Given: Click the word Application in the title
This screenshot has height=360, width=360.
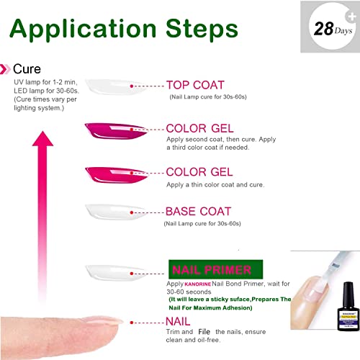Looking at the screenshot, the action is tap(83, 30).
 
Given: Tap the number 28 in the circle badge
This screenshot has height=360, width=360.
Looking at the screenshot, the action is tap(324, 29).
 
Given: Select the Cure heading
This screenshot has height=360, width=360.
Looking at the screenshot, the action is tap(27, 69).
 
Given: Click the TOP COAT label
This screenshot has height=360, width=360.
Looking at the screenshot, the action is tap(195, 85).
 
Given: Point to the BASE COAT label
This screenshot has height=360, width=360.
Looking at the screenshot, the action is tap(198, 212).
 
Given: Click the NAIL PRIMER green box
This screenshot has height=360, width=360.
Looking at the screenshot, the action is tap(215, 269).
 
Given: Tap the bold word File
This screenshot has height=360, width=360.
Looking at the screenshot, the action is tap(204, 332).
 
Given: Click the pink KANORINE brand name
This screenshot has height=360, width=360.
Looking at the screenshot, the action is tap(198, 284).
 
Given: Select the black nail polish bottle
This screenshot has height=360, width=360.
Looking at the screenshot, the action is tap(348, 307).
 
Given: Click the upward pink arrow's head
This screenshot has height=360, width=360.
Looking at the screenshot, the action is tap(42, 139).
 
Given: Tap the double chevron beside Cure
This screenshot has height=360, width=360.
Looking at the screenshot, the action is tap(5, 69).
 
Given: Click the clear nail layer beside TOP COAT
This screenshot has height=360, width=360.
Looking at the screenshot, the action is tap(116, 86).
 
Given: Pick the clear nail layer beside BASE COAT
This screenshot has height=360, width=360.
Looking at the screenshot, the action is tap(116, 212).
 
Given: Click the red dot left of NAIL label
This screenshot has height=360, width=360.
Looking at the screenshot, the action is tap(132, 323).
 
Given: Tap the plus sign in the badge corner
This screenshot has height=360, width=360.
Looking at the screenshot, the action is tap(352, 17).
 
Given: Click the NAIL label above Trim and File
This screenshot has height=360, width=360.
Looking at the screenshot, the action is tap(178, 321).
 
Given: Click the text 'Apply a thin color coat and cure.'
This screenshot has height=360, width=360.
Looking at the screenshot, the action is tap(215, 185).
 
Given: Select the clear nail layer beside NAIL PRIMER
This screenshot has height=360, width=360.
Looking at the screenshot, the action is tap(116, 273).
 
